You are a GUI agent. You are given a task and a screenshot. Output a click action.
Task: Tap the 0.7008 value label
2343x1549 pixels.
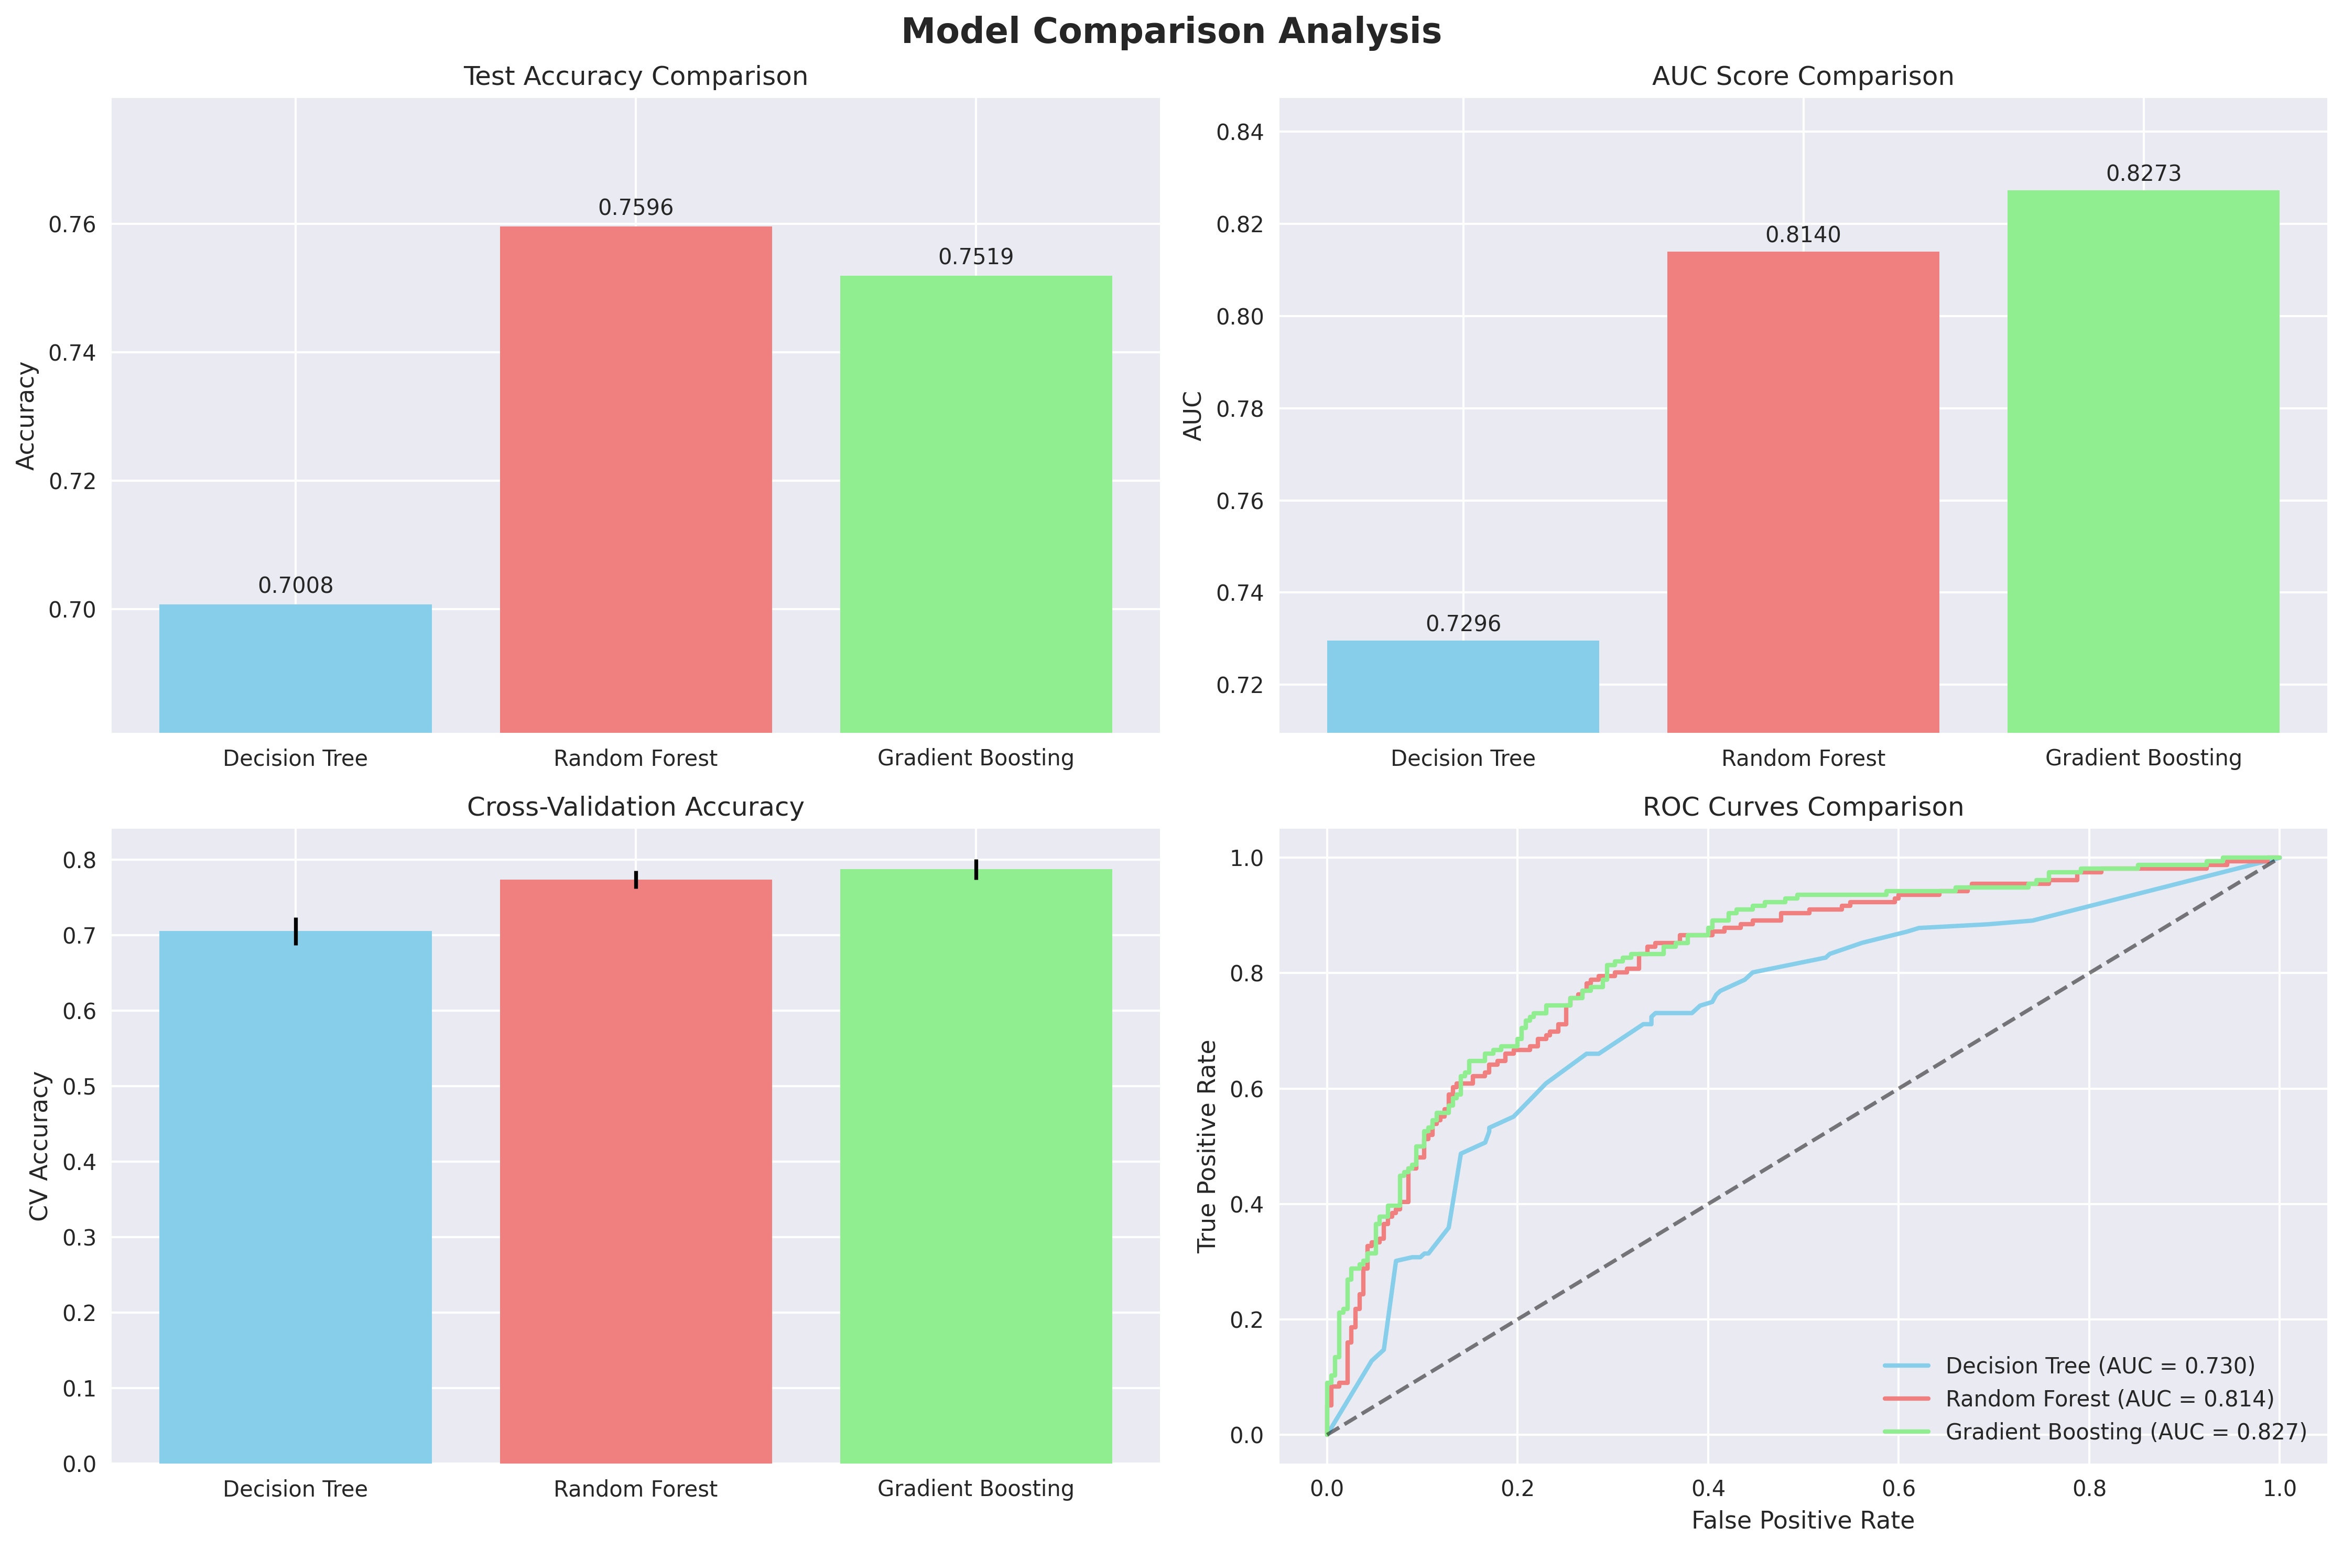(x=295, y=586)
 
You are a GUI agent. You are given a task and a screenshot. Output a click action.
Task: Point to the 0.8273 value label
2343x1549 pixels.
(x=2142, y=174)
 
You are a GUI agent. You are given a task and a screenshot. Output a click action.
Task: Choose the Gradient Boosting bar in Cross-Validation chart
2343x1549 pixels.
(x=975, y=1166)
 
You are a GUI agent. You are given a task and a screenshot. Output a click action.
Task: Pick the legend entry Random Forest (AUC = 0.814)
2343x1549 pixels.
(x=2109, y=1399)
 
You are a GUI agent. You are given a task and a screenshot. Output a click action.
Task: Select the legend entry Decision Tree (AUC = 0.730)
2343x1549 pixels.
(x=2100, y=1365)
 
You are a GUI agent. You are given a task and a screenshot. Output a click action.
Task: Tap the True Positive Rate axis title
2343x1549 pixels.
(x=1207, y=1146)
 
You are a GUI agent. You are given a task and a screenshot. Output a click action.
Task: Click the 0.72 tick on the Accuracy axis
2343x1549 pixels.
(x=73, y=481)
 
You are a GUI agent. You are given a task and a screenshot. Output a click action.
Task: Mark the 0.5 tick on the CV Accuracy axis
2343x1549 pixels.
(x=80, y=1087)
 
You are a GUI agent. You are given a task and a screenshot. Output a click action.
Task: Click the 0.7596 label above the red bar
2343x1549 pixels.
(x=635, y=208)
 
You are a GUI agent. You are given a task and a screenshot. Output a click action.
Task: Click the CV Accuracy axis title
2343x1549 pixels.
(x=39, y=1146)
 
